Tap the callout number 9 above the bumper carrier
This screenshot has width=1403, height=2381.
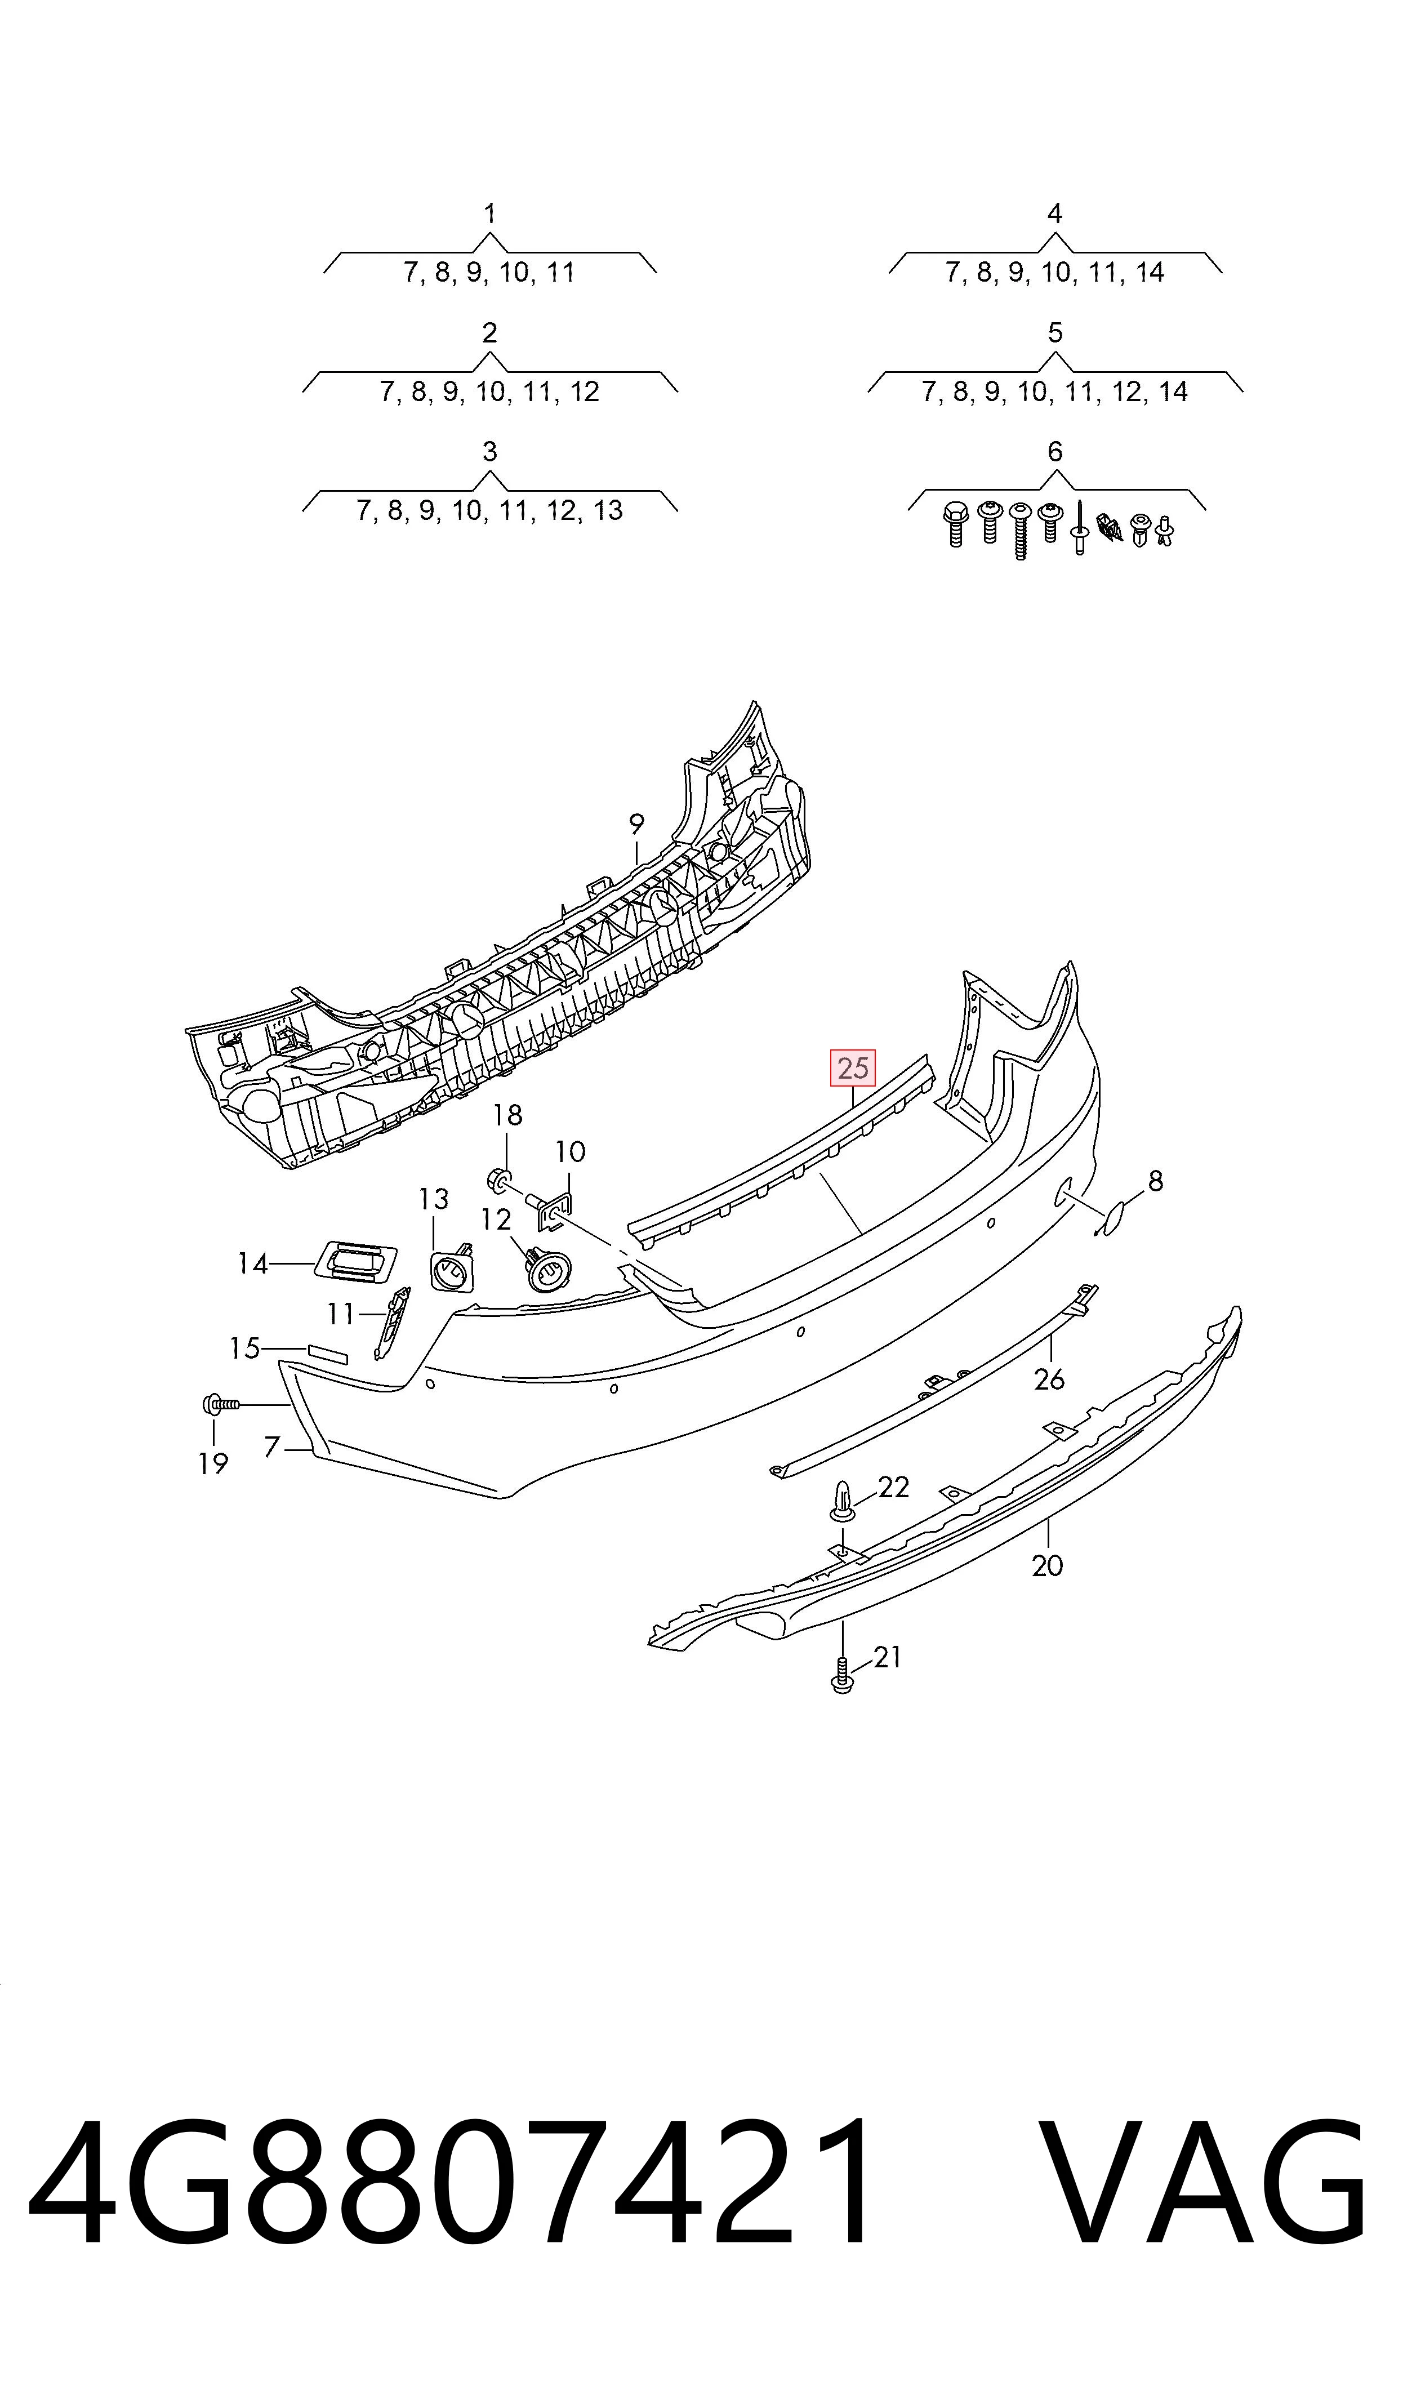click(x=636, y=824)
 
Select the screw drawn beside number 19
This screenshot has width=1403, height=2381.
click(x=221, y=1405)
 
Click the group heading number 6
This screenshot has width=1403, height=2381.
click(x=1055, y=452)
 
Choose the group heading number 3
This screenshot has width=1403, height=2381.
click(x=490, y=452)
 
